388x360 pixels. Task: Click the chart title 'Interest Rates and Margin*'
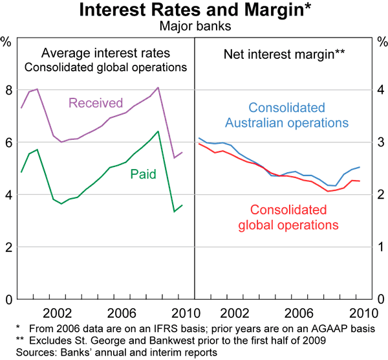coord(193,11)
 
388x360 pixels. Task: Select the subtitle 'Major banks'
coord(194,27)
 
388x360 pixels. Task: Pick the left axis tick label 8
coord(8,90)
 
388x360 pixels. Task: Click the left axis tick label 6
coord(8,142)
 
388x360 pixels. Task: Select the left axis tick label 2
coord(8,247)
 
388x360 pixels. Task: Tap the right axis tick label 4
coord(380,90)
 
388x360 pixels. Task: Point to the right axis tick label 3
coord(380,142)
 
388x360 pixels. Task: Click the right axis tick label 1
coord(380,247)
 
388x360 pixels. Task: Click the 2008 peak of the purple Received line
coord(158,87)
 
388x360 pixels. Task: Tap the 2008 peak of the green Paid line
coord(158,131)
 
